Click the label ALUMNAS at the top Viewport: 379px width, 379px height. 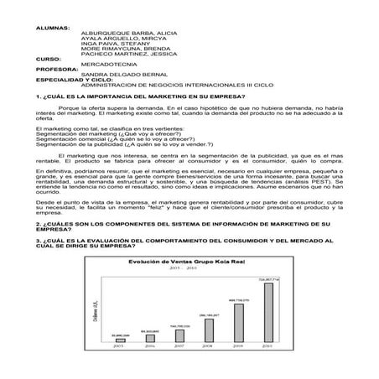pyautogui.click(x=54, y=28)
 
